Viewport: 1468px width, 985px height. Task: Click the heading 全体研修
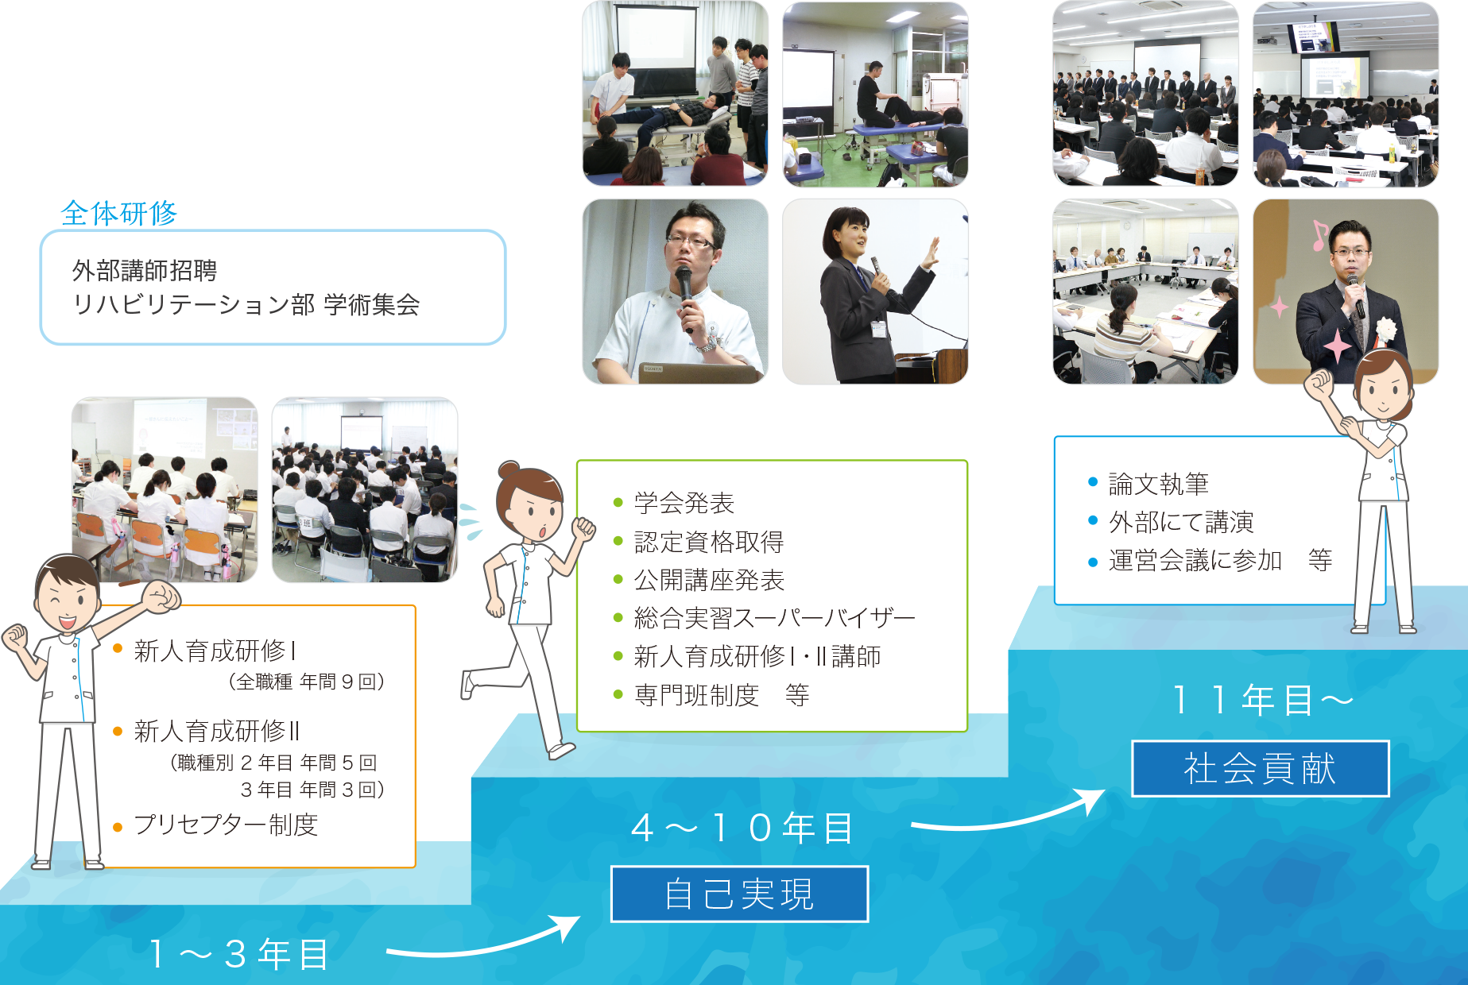click(x=119, y=213)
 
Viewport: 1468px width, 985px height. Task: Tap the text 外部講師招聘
click(x=145, y=271)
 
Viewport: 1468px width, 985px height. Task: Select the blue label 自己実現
click(x=739, y=894)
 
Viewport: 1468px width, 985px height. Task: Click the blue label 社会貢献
click(x=1261, y=768)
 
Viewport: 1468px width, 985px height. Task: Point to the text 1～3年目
click(x=238, y=954)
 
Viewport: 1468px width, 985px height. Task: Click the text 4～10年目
click(x=742, y=829)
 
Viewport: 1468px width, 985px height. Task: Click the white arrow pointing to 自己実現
click(x=485, y=942)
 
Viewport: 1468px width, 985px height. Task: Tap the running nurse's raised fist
click(x=584, y=527)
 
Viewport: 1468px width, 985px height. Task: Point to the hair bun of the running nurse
click(x=509, y=470)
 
